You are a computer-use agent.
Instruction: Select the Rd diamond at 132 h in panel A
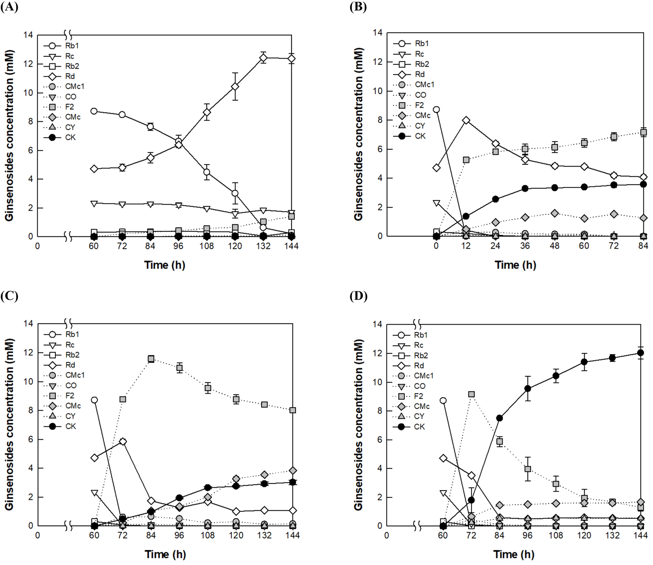tap(263, 58)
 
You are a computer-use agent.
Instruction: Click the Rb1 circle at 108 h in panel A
tap(207, 172)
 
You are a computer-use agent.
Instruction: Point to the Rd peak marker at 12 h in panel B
tap(466, 121)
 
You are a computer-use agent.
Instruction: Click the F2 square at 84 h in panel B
tap(643, 132)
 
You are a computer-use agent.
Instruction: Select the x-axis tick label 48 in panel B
tap(554, 246)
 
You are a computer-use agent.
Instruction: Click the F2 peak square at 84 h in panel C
tap(151, 359)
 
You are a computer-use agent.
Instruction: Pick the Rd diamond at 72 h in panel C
tap(123, 442)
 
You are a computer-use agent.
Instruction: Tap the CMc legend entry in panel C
tap(73, 406)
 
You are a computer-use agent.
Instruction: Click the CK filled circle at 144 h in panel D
tap(640, 353)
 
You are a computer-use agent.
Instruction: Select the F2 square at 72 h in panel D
tap(471, 394)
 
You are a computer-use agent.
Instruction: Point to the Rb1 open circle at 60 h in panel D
tap(443, 401)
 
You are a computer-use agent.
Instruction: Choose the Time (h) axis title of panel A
tap(164, 265)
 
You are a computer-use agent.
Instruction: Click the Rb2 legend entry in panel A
tap(72, 66)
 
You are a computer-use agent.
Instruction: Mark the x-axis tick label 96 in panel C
tap(179, 535)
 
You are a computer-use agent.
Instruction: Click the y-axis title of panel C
tap(9, 424)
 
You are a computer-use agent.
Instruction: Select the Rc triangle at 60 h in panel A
tap(94, 203)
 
